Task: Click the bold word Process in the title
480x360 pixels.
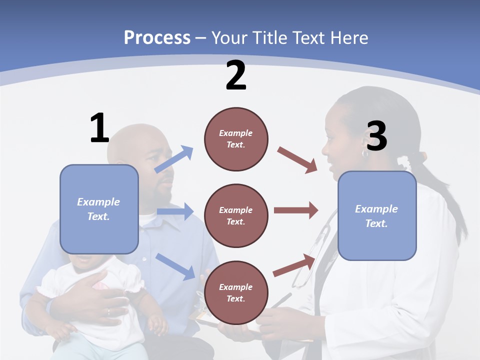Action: click(x=157, y=37)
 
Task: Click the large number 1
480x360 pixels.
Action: click(x=99, y=128)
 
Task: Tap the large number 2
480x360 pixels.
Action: click(x=236, y=75)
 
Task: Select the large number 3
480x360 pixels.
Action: click(x=376, y=136)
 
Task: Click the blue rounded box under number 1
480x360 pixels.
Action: click(x=99, y=209)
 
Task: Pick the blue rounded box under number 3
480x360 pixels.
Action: click(x=377, y=215)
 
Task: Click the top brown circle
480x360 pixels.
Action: click(x=236, y=139)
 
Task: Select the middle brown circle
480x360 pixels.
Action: click(x=236, y=215)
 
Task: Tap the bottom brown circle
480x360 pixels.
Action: click(x=236, y=292)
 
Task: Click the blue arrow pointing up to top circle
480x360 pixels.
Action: click(x=174, y=159)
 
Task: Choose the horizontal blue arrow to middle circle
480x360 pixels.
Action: click(x=175, y=211)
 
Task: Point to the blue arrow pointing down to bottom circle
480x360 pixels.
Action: click(x=175, y=266)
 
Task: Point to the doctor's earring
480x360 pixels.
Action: click(x=364, y=153)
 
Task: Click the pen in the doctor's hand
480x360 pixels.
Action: click(x=280, y=301)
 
